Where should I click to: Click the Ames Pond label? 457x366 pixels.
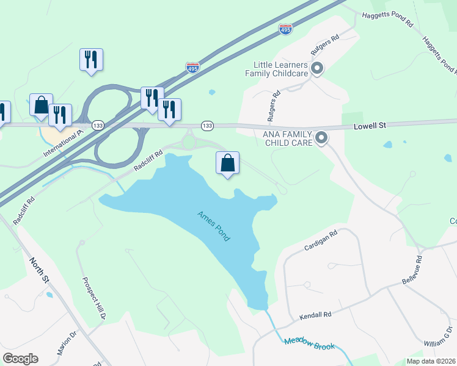click(214, 226)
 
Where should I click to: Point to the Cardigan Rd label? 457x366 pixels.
click(321, 241)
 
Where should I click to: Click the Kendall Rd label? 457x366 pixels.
click(315, 315)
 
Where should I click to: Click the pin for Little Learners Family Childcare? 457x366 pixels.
click(316, 68)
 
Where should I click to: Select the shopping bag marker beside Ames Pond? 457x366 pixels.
click(227, 163)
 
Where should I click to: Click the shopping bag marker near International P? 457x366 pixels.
click(41, 105)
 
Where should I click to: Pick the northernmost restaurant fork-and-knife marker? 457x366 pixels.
click(91, 60)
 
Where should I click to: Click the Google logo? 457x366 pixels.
click(20, 359)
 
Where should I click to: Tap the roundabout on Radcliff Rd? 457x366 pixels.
click(189, 142)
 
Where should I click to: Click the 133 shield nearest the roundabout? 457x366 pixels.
click(207, 126)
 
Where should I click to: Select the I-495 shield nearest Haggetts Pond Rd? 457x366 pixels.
click(285, 28)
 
